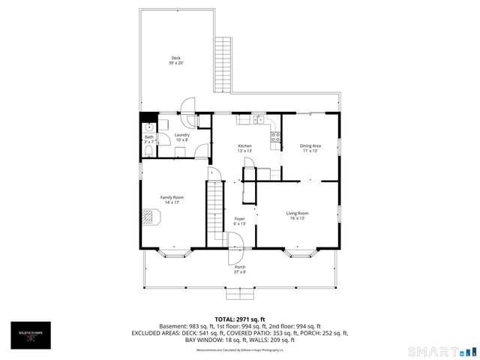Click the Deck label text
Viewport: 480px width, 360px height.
click(175, 60)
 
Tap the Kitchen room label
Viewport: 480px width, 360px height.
click(244, 148)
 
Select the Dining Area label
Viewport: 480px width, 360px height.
click(310, 148)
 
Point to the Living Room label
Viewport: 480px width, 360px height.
click(298, 215)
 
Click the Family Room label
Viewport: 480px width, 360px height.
click(172, 199)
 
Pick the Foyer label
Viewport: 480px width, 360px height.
click(239, 220)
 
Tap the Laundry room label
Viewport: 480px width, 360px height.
click(182, 136)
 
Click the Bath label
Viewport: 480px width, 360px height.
click(149, 139)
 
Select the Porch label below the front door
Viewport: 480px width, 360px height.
click(240, 269)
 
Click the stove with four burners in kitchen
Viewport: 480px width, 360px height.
click(275, 137)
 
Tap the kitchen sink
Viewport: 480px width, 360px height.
click(257, 119)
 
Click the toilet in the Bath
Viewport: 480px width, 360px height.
click(148, 151)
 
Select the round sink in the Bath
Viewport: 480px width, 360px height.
click(148, 127)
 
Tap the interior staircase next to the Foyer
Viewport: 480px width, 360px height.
click(216, 206)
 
